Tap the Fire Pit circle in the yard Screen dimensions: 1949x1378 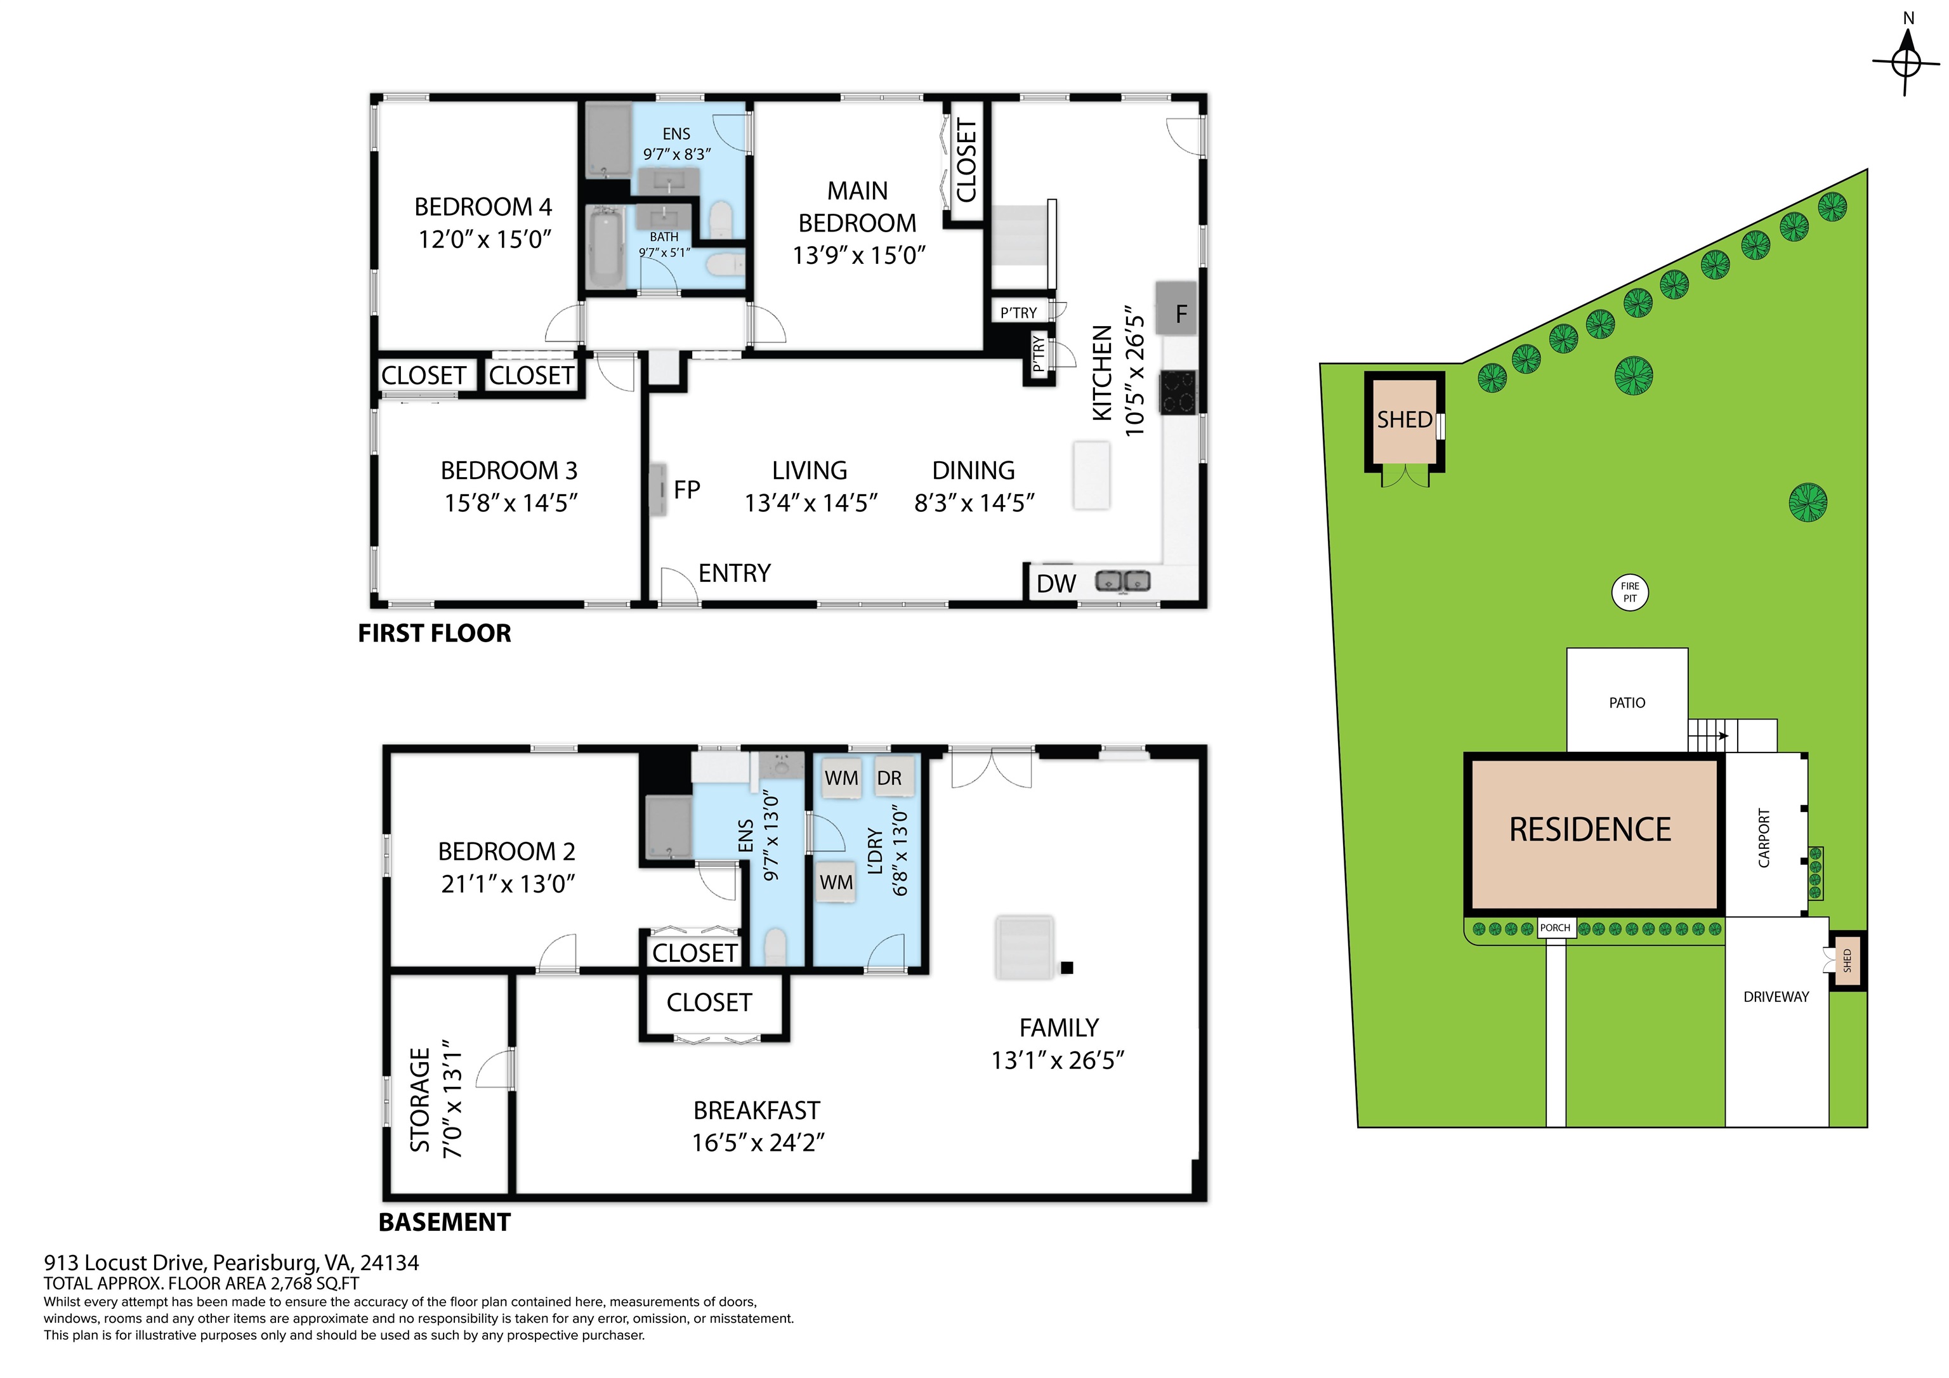(1630, 592)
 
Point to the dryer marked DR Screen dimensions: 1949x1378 (889, 777)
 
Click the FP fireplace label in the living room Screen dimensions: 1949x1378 (686, 490)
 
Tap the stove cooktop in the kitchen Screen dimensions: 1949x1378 (1178, 392)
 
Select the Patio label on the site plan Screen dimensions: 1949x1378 (1627, 703)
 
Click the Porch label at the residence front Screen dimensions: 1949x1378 (1555, 928)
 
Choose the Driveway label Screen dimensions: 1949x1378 (1776, 997)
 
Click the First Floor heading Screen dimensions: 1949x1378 (435, 633)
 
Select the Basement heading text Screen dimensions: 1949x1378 (444, 1223)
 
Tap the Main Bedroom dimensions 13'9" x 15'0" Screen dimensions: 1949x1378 (858, 256)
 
